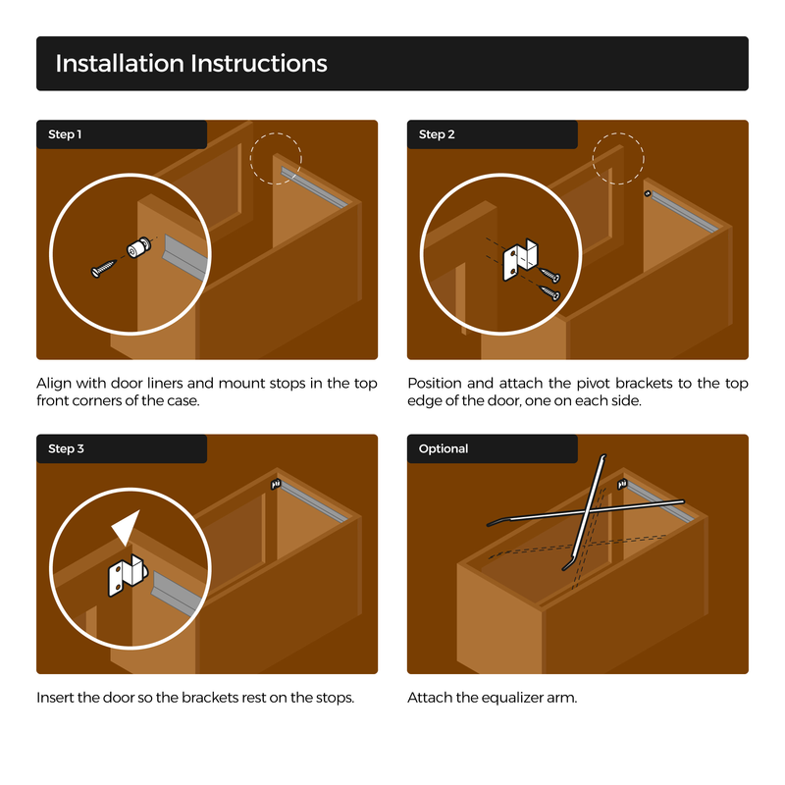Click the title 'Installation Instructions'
[x=191, y=64]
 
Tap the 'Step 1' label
[x=65, y=134]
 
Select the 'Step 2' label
[x=437, y=134]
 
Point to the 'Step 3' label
[x=66, y=448]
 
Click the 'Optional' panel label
[x=444, y=448]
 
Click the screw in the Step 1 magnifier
[x=103, y=269]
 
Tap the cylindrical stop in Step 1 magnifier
[x=138, y=247]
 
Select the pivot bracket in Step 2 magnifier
[x=520, y=260]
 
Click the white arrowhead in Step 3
[x=127, y=527]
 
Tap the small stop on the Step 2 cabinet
[x=648, y=193]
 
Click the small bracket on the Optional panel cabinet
[x=622, y=484]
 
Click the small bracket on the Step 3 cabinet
[x=276, y=484]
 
